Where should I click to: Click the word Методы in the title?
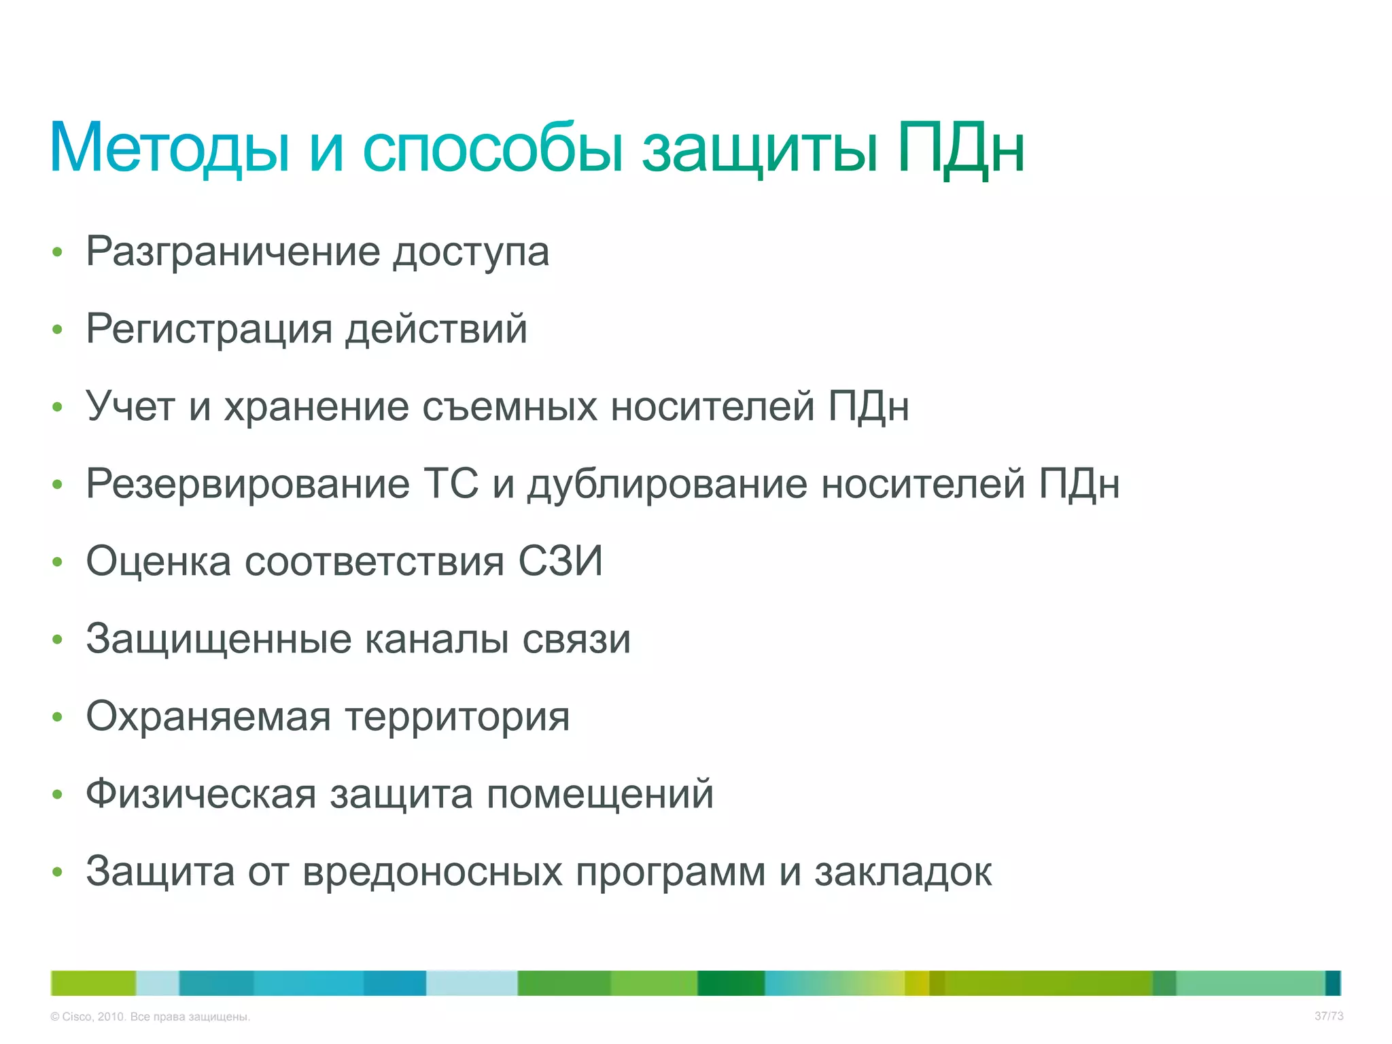tap(170, 148)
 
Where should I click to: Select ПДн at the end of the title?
tap(960, 148)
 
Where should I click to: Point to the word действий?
tap(436, 330)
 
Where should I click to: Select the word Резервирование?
tap(247, 485)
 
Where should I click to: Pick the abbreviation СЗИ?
tap(561, 561)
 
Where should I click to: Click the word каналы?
tap(436, 640)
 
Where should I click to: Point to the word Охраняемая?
tap(208, 717)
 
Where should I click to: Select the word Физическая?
tap(201, 795)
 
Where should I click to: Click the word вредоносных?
tap(432, 872)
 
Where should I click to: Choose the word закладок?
tap(903, 872)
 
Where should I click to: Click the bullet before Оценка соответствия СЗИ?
tap(58, 562)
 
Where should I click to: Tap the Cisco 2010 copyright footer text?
tap(150, 1017)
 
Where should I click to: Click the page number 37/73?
tap(1328, 1016)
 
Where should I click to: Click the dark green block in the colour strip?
tap(731, 983)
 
